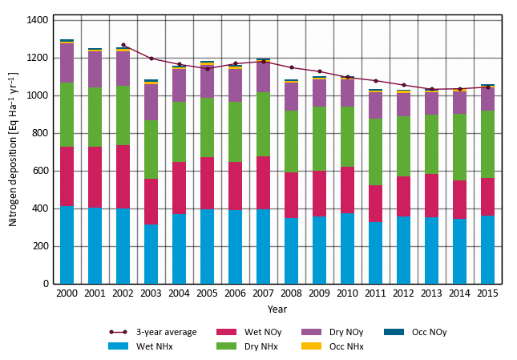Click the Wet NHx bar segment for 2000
67,245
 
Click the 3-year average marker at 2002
123,45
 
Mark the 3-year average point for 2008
291,67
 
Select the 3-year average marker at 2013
431,89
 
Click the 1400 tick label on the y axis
38,19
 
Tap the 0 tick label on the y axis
46,284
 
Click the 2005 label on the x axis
207,294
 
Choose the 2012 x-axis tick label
403,294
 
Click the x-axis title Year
277,309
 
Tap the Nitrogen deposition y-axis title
13,149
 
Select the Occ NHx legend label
347,346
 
